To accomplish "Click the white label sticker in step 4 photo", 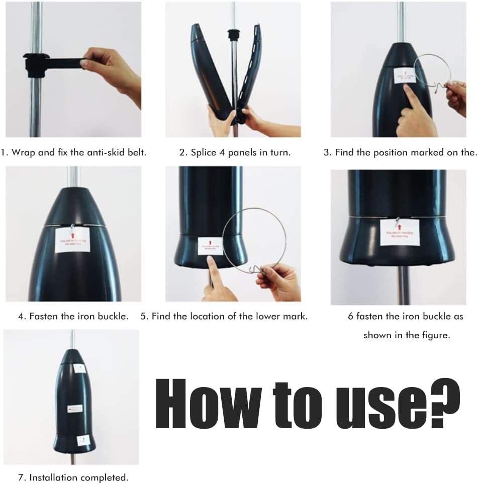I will pos(72,239).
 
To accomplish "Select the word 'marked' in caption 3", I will pos(425,152).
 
